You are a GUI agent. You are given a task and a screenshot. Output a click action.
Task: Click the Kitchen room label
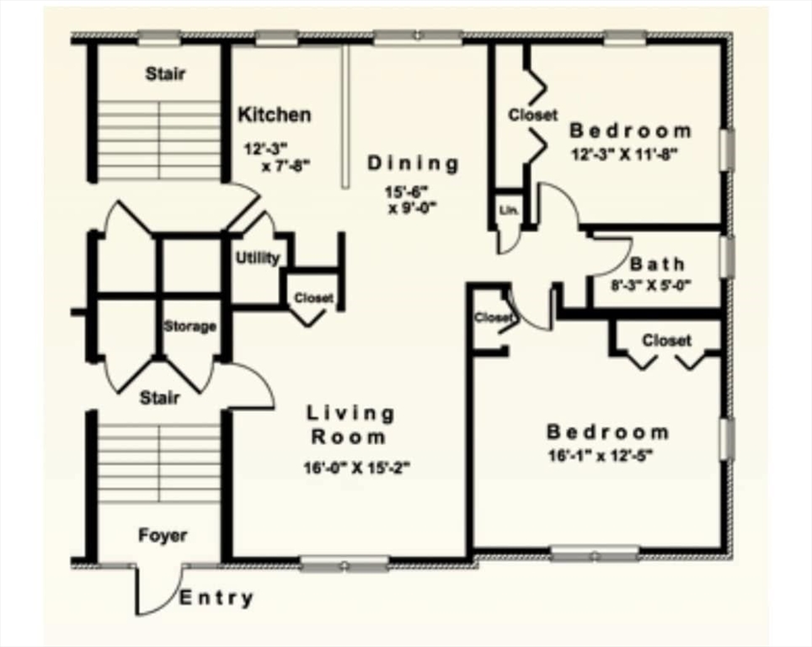(x=274, y=115)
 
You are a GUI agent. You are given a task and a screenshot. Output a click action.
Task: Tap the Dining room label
(x=413, y=163)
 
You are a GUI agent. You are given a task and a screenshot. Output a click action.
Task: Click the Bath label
(x=658, y=263)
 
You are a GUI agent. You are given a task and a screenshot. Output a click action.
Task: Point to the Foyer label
(x=163, y=536)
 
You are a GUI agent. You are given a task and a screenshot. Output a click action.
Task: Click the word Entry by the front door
(x=216, y=599)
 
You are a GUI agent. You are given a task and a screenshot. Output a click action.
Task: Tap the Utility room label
(x=257, y=259)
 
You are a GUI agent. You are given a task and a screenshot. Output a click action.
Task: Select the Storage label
(x=190, y=326)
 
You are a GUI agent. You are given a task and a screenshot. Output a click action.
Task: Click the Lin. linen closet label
(x=508, y=210)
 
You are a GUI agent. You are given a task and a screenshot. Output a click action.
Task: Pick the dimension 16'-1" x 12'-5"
(x=600, y=456)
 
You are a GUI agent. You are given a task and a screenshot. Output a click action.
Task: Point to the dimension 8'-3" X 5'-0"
(x=650, y=285)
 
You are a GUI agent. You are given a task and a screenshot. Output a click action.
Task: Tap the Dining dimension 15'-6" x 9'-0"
(x=413, y=200)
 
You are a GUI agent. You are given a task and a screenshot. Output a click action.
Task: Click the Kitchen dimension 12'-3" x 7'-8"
(x=277, y=156)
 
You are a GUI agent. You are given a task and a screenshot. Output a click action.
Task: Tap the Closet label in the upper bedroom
(x=532, y=115)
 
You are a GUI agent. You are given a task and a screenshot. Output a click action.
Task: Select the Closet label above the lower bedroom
(x=666, y=340)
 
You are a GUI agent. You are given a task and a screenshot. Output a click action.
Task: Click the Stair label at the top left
(x=165, y=73)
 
